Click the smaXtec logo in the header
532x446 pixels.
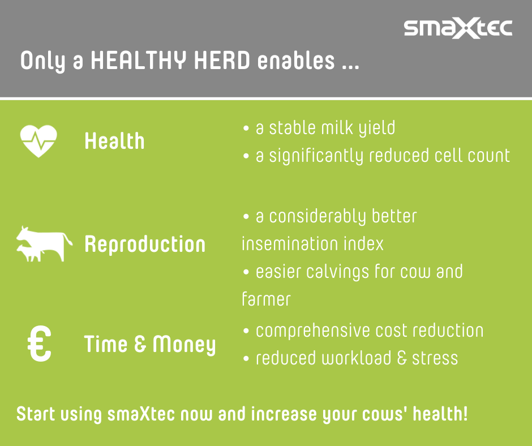[458, 28]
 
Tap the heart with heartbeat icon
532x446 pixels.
[38, 141]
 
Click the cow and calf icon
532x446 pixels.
[44, 244]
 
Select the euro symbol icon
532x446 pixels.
[40, 344]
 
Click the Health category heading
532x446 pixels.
[115, 141]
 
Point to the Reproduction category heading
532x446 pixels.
[145, 245]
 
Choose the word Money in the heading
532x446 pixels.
[185, 345]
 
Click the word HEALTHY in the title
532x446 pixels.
[139, 61]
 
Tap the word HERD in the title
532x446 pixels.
[222, 61]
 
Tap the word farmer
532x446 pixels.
[267, 299]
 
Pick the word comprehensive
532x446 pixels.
[313, 331]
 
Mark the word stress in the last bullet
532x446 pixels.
[435, 358]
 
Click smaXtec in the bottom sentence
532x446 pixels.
[141, 414]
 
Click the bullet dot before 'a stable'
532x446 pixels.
[246, 128]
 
